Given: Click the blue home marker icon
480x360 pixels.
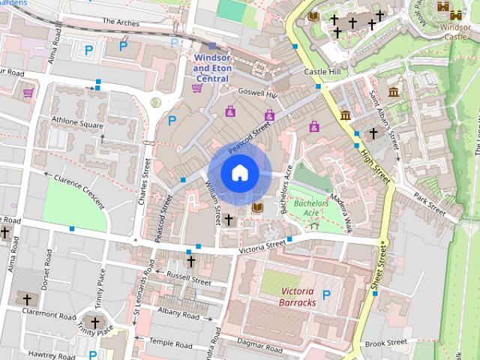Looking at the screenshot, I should (x=239, y=173).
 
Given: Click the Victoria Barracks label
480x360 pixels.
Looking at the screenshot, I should (x=288, y=296).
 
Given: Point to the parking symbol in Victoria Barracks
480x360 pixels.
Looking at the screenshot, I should (x=326, y=295).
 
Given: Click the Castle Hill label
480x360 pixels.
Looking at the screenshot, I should (x=323, y=71).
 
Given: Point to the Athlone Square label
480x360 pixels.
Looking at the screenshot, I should (x=77, y=123).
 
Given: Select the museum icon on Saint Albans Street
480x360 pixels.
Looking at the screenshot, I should (x=393, y=92).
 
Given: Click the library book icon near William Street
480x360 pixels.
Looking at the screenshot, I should (x=257, y=208).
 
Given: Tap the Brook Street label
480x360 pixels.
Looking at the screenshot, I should (x=385, y=343).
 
